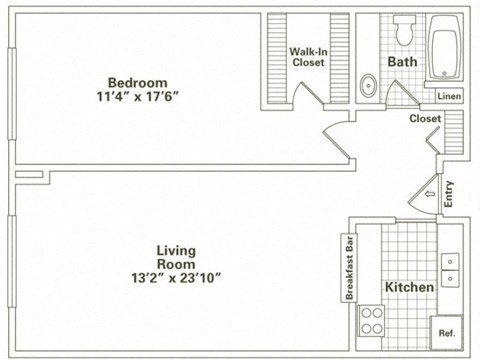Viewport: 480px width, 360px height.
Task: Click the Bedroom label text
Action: click(x=139, y=82)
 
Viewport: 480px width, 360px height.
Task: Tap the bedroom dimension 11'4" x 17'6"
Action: click(x=139, y=98)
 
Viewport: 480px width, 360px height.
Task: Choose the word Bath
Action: click(x=402, y=62)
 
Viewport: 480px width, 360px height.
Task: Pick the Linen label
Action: click(x=449, y=96)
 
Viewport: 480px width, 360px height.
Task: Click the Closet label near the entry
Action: click(x=425, y=119)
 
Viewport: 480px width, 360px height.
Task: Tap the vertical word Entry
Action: click(x=448, y=193)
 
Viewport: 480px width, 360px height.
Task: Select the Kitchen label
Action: click(x=410, y=287)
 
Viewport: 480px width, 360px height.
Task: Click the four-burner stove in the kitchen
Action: click(x=372, y=321)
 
